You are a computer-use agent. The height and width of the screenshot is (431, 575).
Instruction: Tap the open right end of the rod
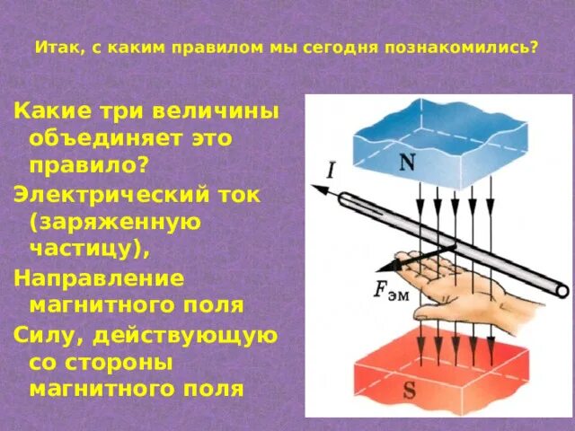point(562,290)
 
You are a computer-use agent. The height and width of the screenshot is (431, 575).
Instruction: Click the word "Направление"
point(99,277)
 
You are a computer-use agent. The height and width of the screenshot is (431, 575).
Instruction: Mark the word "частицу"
point(85,250)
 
